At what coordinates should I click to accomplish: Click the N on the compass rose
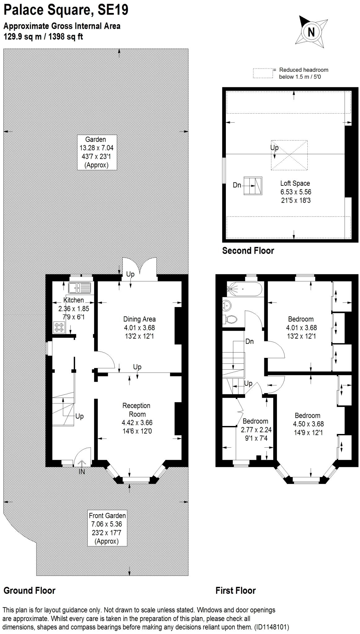(x=311, y=32)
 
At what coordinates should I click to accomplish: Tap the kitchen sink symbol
(x=80, y=288)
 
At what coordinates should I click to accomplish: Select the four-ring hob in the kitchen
(x=59, y=328)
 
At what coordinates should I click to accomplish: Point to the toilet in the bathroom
(x=230, y=319)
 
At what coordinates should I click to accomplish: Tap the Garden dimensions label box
(x=97, y=152)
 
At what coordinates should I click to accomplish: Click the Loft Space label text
(x=295, y=192)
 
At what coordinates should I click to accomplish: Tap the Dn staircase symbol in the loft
(x=253, y=186)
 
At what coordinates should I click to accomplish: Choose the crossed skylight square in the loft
(x=289, y=155)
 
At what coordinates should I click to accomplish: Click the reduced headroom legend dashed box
(x=263, y=73)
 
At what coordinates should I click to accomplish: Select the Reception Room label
(x=137, y=418)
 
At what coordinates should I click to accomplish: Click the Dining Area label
(x=139, y=327)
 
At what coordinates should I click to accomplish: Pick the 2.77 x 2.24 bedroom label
(x=255, y=429)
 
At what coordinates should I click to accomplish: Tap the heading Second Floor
(x=248, y=250)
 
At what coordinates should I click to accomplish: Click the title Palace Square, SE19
(x=66, y=10)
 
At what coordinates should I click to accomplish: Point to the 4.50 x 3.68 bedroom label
(x=307, y=424)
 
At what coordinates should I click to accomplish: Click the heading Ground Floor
(x=29, y=590)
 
